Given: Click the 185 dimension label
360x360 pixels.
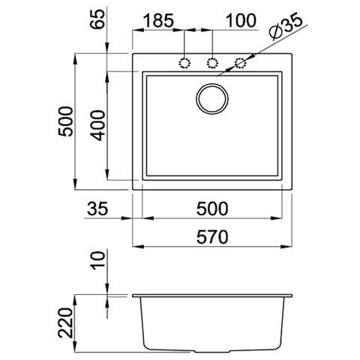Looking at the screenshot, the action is pos(159,20).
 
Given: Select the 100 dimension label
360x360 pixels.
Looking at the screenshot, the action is pos(241,20).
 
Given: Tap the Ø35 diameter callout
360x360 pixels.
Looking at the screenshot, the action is pos(286,25).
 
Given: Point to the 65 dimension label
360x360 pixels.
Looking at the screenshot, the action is pos(97,19).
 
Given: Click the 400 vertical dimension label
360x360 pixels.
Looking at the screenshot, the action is pos(97,125).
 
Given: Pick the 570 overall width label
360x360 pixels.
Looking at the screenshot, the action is pos(212,237).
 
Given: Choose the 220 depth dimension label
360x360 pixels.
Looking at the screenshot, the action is pos(65,322).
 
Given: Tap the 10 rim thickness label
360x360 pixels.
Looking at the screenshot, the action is pos(97,260).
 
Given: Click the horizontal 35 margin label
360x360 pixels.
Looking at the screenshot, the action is pos(97,208).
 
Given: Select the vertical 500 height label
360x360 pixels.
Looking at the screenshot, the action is pos(65,121).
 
